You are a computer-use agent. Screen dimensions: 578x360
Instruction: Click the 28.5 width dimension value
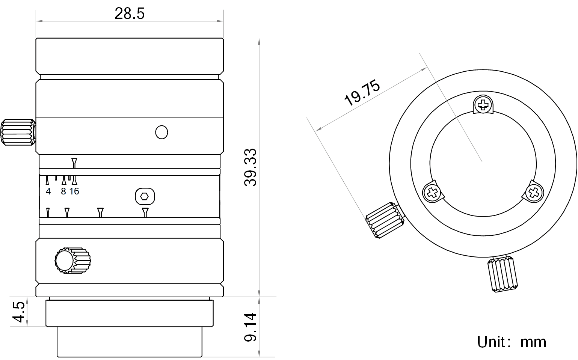point(130,14)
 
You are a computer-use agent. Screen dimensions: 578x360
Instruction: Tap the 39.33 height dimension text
point(250,167)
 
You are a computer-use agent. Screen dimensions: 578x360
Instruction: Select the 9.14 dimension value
point(250,327)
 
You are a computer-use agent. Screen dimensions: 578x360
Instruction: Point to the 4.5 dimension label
point(18,312)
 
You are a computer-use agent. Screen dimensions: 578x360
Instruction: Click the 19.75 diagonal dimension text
point(362,93)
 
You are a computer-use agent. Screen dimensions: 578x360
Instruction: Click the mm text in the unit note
point(533,343)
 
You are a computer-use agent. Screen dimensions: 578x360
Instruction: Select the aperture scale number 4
point(48,191)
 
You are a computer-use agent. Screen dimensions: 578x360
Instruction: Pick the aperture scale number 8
point(63,191)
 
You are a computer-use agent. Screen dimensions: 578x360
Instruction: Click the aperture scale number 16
point(74,191)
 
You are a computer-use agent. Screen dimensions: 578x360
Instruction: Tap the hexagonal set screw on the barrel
point(145,196)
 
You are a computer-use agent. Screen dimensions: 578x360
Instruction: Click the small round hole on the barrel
point(161,132)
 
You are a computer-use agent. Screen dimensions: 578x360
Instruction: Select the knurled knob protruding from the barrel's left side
point(18,132)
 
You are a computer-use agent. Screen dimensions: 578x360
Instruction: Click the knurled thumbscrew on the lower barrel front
point(73,261)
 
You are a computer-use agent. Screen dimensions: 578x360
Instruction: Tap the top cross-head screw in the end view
point(483,105)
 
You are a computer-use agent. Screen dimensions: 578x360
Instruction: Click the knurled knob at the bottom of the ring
point(503,274)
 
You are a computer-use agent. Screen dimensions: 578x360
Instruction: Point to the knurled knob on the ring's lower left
point(385,220)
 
